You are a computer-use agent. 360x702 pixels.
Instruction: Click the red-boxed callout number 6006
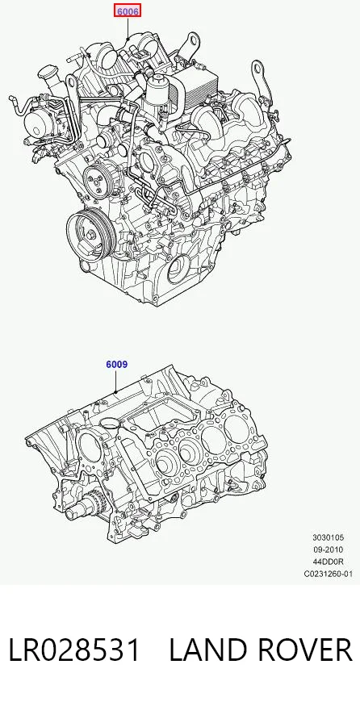coord(128,10)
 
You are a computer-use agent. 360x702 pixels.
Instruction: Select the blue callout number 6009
coord(117,365)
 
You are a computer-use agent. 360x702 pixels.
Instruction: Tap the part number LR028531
coord(74,650)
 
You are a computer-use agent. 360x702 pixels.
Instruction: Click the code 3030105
coord(329,537)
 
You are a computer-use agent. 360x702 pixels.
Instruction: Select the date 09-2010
coord(329,549)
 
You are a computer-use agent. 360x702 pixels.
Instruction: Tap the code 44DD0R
coord(329,562)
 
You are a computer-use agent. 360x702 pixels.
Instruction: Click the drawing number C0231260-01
coord(329,574)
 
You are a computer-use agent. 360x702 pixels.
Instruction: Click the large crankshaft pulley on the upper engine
coord(91,234)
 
